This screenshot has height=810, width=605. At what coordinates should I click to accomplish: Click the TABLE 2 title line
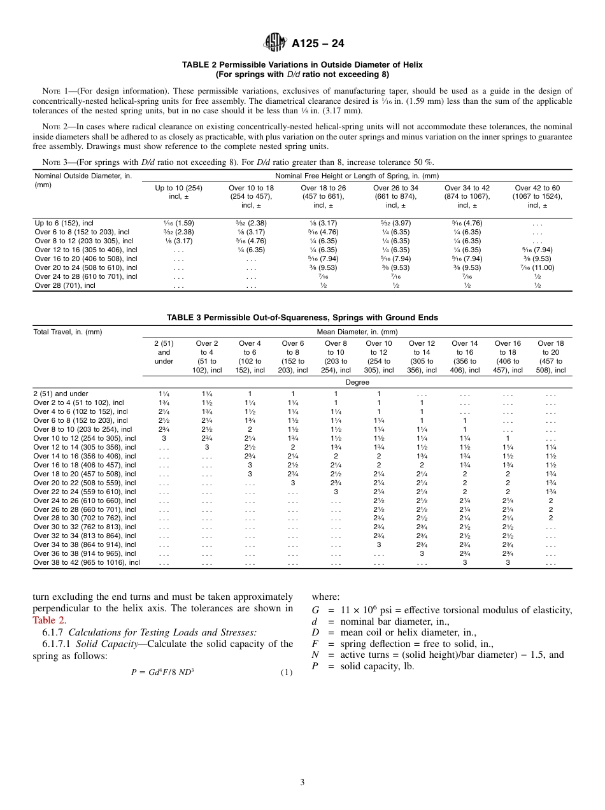pyautogui.click(x=302, y=65)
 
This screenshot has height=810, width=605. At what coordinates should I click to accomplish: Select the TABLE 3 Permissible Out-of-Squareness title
pyautogui.click(x=302, y=317)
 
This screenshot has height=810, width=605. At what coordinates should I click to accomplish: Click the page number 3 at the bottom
pyautogui.click(x=302, y=782)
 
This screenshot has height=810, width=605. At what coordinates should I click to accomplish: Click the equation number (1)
pyautogui.click(x=286, y=672)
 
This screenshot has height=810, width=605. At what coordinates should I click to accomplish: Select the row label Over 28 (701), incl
pyautogui.click(x=64, y=285)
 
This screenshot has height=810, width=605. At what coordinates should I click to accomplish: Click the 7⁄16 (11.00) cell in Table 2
pyautogui.click(x=537, y=267)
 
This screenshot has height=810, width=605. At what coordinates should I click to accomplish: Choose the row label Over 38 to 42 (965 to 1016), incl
pyautogui.click(x=86, y=562)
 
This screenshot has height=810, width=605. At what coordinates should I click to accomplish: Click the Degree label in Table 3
pyautogui.click(x=357, y=382)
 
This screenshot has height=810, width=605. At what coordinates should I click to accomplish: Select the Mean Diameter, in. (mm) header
pyautogui.click(x=357, y=332)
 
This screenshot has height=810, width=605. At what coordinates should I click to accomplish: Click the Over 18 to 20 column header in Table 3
pyautogui.click(x=550, y=357)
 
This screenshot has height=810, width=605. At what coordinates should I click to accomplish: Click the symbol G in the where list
pyautogui.click(x=315, y=610)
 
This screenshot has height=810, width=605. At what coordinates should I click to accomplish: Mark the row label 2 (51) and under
pyautogui.click(x=60, y=394)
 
